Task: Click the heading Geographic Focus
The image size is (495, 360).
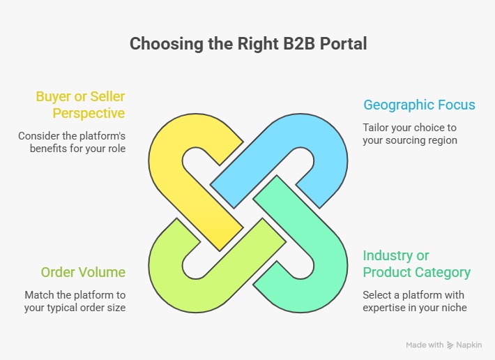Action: click(x=419, y=105)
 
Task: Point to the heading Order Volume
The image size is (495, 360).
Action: click(x=83, y=272)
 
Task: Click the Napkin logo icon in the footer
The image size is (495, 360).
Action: click(x=450, y=345)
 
